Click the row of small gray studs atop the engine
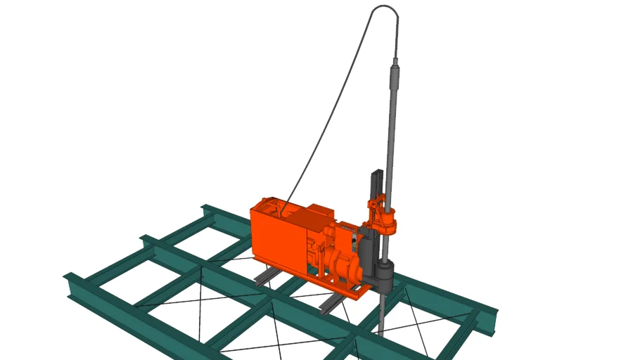tap(347, 228)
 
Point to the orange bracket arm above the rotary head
tap(373, 206)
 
